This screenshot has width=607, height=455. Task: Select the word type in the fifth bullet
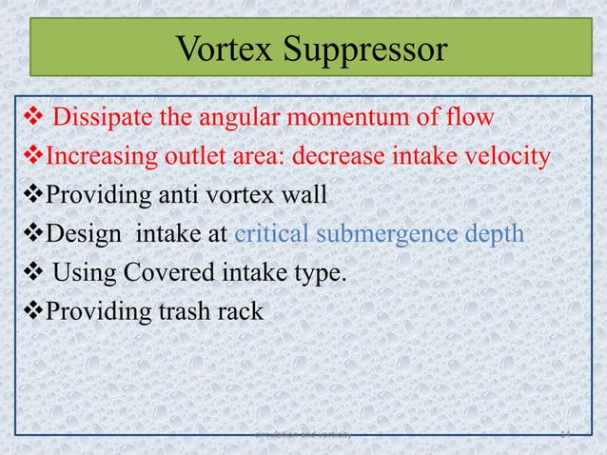317,274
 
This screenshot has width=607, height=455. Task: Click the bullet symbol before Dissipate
26,118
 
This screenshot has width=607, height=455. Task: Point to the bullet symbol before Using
26,272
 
